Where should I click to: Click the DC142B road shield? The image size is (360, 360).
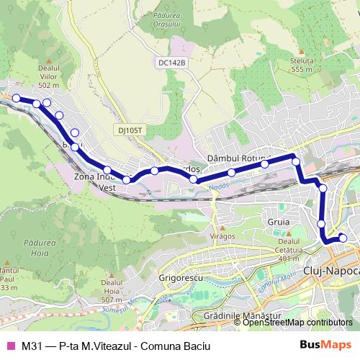[172, 63]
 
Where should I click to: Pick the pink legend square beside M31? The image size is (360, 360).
[10, 345]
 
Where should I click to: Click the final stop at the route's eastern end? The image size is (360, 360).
[343, 238]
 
